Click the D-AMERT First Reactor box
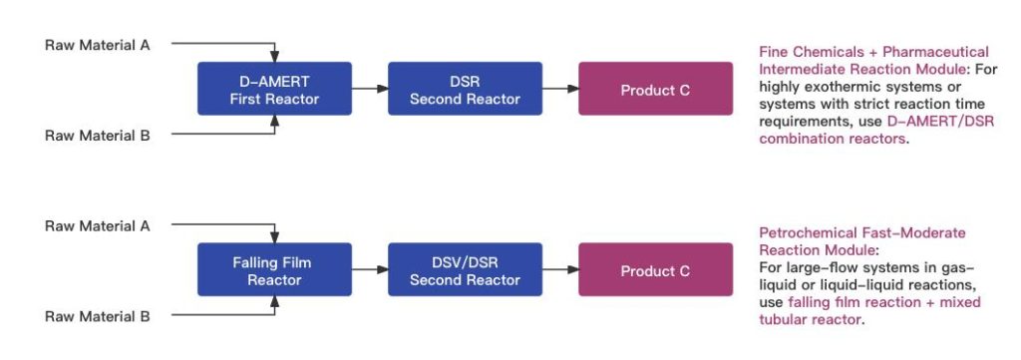coord(274,89)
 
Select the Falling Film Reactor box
coord(274,270)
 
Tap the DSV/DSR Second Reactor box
coord(465,270)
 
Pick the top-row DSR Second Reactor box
coord(465,89)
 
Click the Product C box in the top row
coord(655,89)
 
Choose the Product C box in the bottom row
coord(655,270)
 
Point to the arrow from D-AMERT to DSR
coord(370,89)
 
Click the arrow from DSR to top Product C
coord(560,89)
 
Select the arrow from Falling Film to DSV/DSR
coord(370,270)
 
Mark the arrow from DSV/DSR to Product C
coord(560,270)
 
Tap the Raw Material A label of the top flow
coord(98,44)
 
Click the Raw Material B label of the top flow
coord(98,135)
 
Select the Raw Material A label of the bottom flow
coord(98,225)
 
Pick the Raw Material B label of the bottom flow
coord(98,316)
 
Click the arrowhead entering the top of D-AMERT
coord(274,57)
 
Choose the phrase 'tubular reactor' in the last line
coord(809,320)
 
